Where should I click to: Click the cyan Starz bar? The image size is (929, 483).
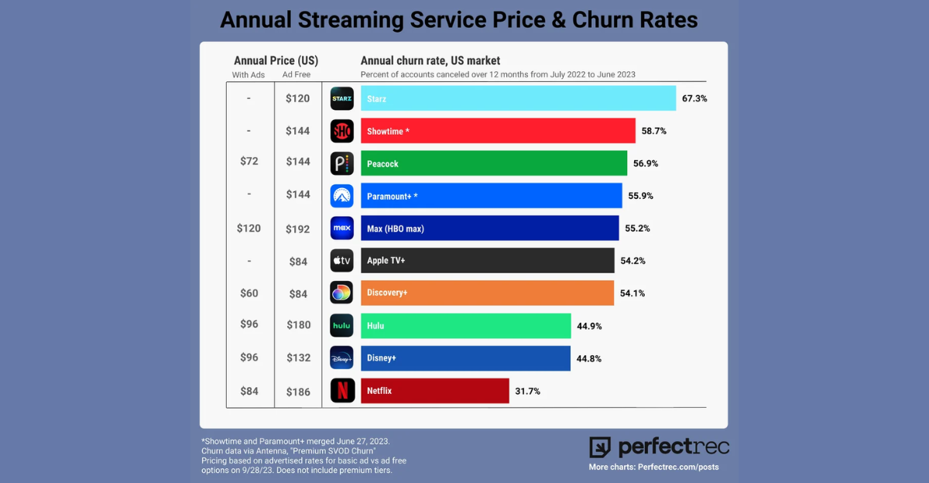[x=518, y=98]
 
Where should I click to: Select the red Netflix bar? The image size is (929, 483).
[x=434, y=391]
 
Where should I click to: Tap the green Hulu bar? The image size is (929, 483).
[x=465, y=326]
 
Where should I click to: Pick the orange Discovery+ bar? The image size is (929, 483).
[x=487, y=293]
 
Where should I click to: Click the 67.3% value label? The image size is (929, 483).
[x=694, y=98]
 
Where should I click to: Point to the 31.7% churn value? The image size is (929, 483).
[x=527, y=391]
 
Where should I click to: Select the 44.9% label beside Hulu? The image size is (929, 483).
[x=589, y=326]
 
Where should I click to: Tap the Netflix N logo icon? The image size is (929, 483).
[x=342, y=391]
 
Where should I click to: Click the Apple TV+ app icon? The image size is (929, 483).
[x=342, y=261]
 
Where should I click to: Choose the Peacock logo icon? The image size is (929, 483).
[x=342, y=163]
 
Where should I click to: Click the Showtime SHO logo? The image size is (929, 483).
[x=342, y=131]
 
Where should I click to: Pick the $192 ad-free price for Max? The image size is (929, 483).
[x=297, y=229]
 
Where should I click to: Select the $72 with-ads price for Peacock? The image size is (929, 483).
[x=249, y=161]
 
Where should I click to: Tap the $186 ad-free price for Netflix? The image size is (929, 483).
[x=297, y=392]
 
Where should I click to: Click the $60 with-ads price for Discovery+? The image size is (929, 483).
[x=249, y=293]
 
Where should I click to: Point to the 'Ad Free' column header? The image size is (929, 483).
[x=297, y=75]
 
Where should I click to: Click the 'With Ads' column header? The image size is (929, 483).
[x=249, y=75]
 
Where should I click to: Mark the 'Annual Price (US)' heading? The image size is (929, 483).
[x=276, y=60]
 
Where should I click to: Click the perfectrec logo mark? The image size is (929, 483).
[x=600, y=447]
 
